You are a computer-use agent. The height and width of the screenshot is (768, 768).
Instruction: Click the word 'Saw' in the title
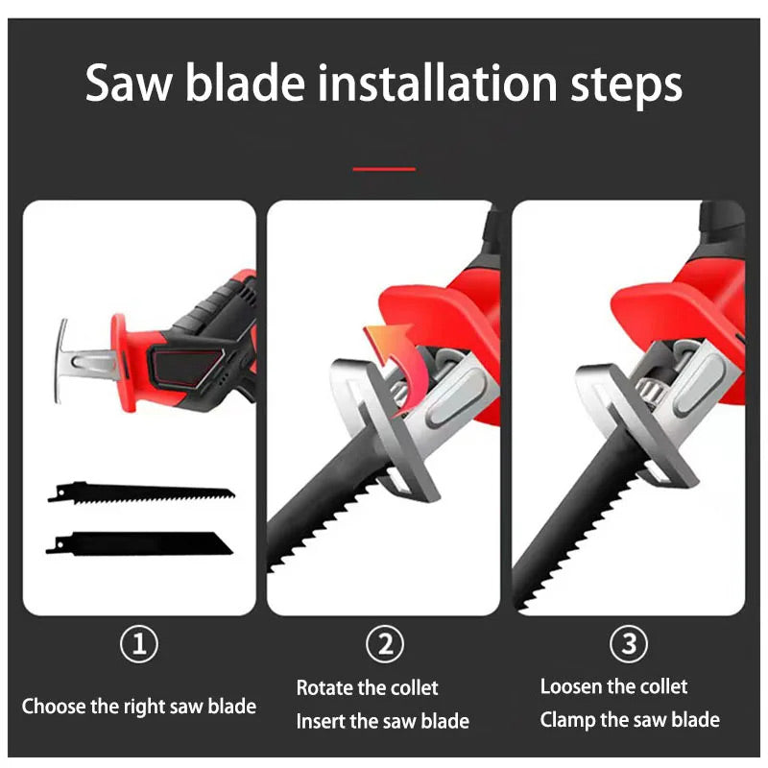tap(129, 83)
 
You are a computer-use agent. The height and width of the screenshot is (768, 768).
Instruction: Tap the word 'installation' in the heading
tap(437, 83)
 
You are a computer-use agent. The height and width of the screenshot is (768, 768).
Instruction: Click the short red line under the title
tap(384, 169)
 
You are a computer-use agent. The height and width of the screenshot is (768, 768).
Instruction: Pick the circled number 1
tap(139, 643)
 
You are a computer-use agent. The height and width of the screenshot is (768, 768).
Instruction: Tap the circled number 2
tap(385, 643)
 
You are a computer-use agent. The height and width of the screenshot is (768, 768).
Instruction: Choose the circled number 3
tap(629, 643)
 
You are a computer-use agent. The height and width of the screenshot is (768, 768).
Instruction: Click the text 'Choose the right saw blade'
tap(139, 707)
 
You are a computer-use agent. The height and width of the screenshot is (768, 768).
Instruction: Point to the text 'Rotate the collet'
tap(368, 687)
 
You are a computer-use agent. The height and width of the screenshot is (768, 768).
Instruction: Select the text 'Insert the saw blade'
tap(382, 721)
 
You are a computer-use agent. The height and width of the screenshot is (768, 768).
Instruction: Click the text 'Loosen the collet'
tap(613, 686)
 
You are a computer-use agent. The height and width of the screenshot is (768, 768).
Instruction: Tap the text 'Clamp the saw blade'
tap(630, 720)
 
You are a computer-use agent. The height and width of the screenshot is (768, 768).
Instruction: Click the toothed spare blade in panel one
tap(141, 492)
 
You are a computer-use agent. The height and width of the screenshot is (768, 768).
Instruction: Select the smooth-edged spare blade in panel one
tap(139, 543)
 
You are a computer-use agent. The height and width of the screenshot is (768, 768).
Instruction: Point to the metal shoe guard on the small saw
tap(60, 361)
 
